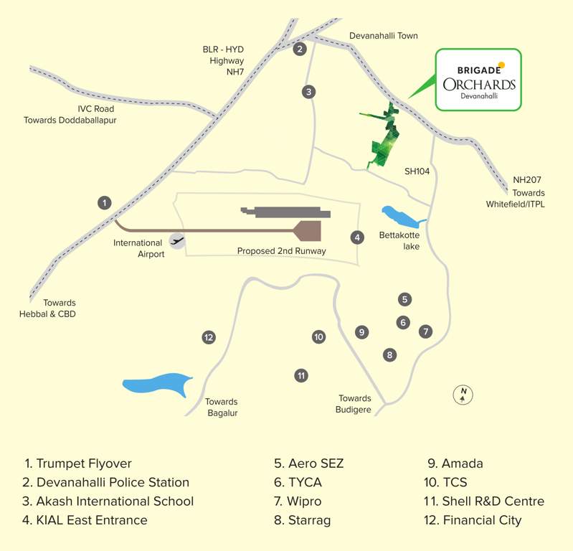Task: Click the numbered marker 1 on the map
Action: coord(105,203)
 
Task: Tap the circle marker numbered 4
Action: coord(356,237)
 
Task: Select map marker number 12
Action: coord(209,337)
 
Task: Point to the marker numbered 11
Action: coord(301,375)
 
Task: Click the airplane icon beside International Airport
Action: coord(177,240)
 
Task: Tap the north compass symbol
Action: coord(464,394)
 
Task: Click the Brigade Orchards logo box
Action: coord(478,80)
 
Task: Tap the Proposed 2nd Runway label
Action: coord(282,251)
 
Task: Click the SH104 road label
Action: coord(417,171)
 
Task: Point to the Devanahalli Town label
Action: coord(383,36)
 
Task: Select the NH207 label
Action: coord(527,180)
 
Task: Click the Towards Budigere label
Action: coord(354,404)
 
